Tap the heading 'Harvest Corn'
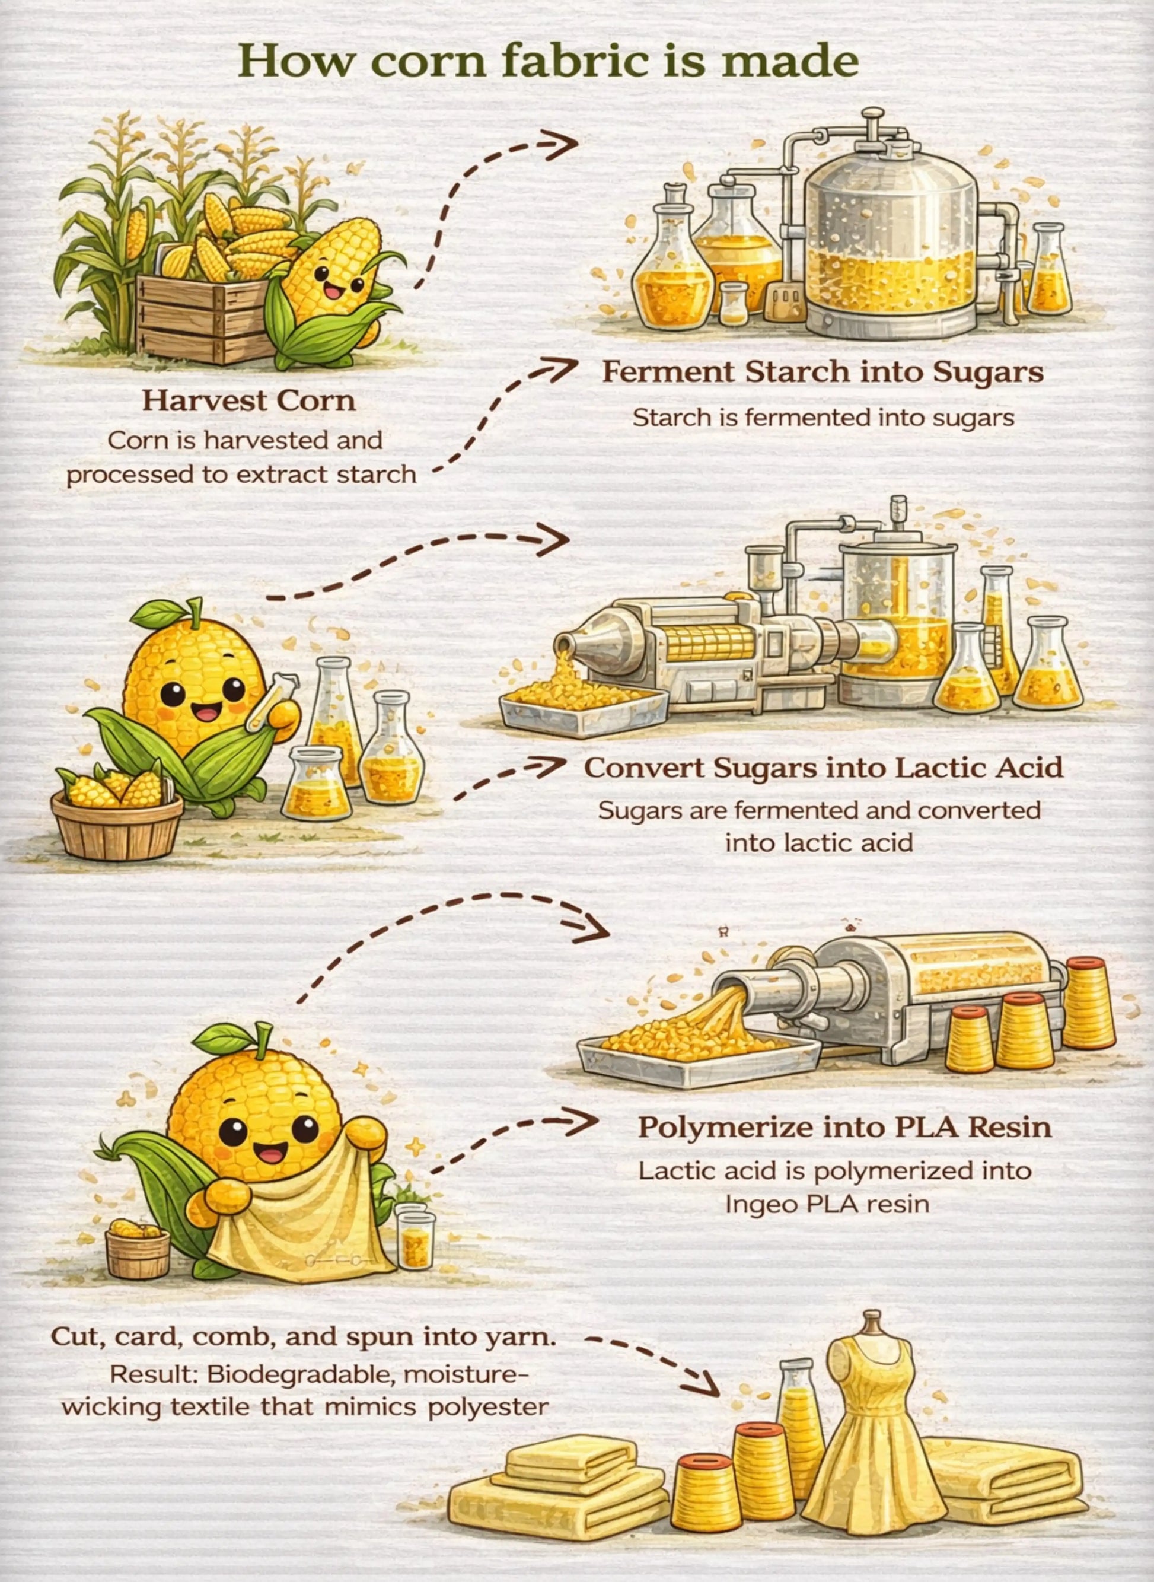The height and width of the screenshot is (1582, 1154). coord(248,401)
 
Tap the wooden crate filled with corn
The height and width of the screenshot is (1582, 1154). coord(203,318)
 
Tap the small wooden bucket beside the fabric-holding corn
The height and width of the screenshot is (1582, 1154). coord(138,1252)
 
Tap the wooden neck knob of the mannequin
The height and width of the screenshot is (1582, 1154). coord(870,1320)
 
